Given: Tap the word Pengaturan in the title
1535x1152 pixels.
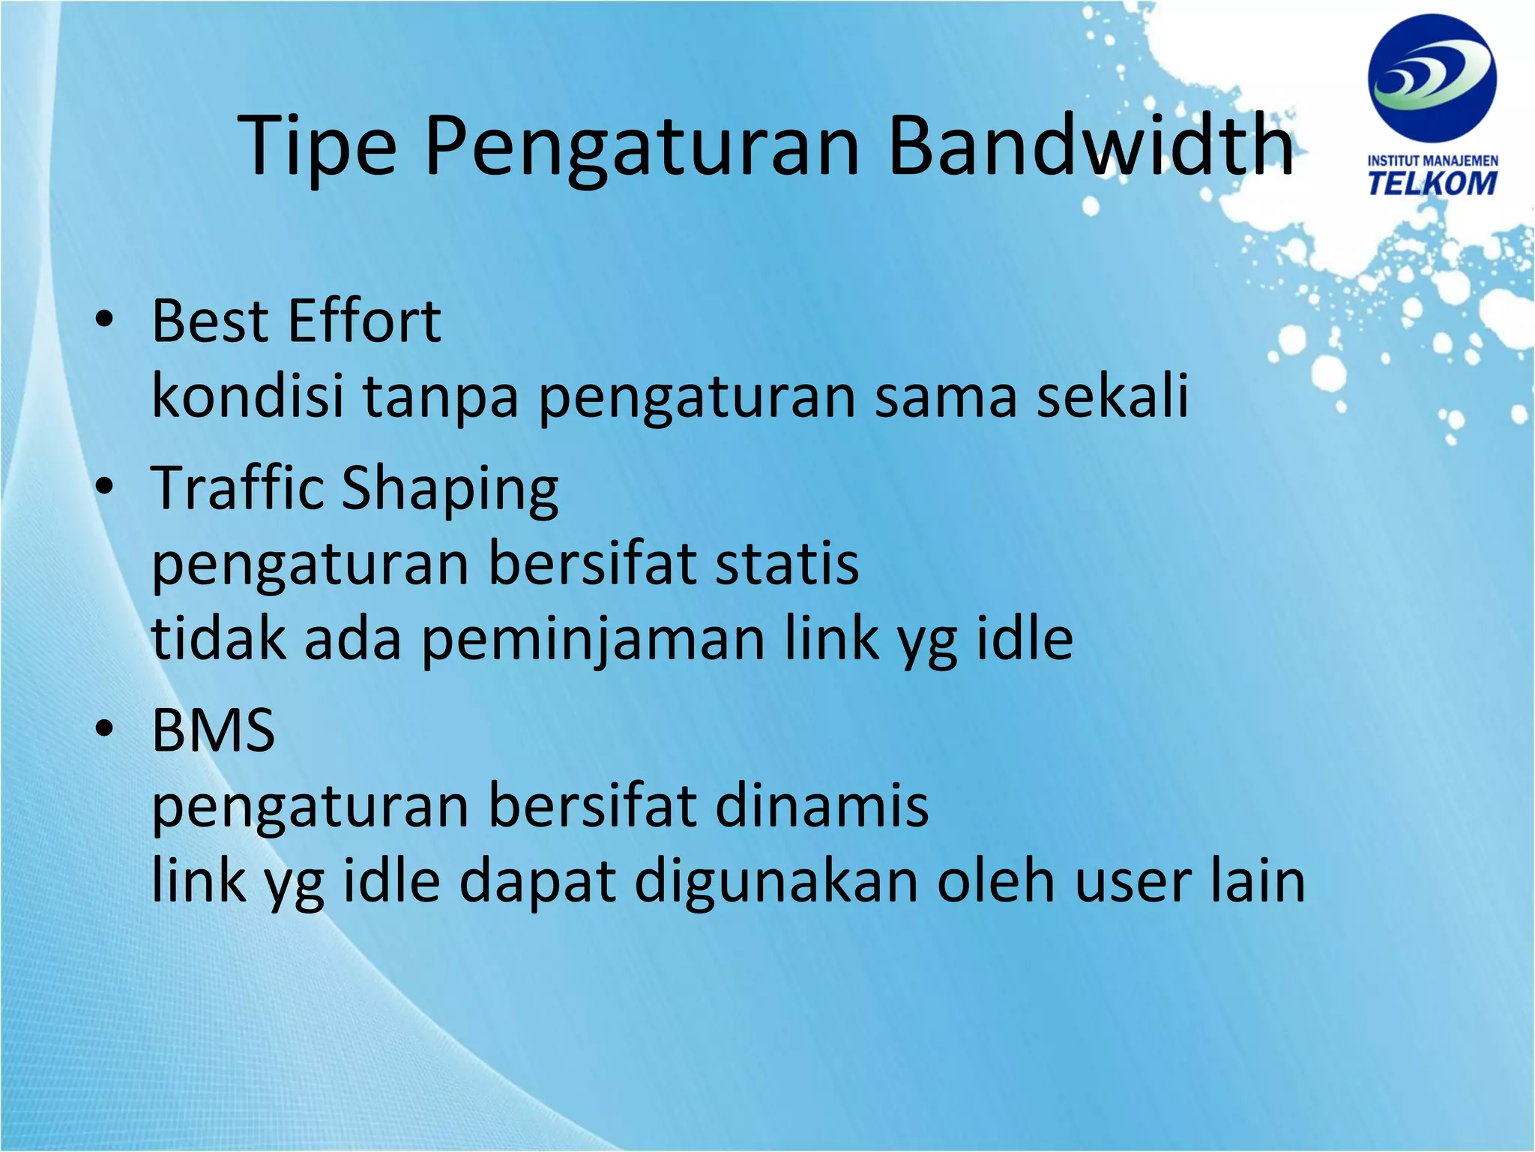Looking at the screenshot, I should pyautogui.click(x=642, y=146).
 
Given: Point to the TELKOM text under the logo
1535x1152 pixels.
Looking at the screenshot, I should pyautogui.click(x=1432, y=184).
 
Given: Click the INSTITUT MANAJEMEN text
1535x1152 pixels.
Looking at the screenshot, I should pyautogui.click(x=1432, y=161).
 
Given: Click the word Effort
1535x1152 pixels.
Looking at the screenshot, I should pyautogui.click(x=364, y=321).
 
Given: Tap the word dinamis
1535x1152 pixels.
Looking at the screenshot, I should pyautogui.click(x=821, y=805).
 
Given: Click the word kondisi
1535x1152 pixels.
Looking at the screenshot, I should pyautogui.click(x=247, y=395).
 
